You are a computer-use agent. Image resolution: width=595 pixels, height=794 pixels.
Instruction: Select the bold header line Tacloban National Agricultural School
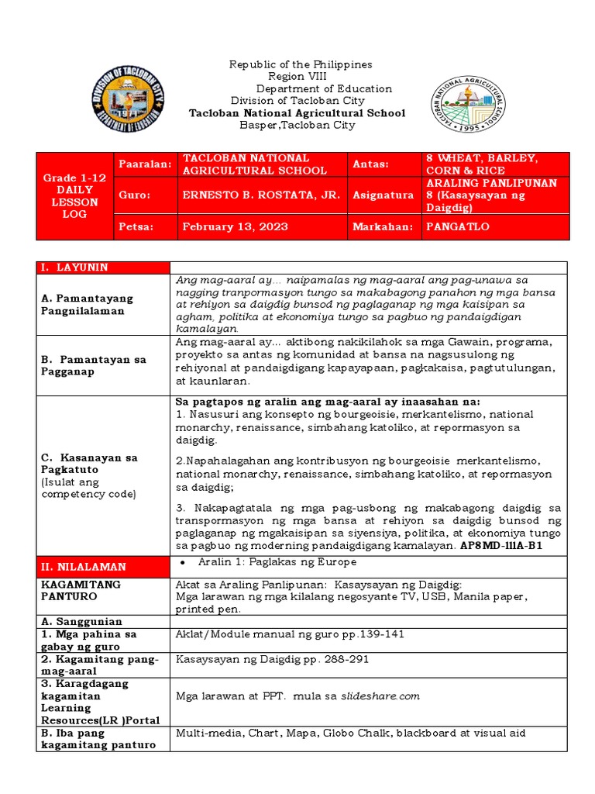pos(297,113)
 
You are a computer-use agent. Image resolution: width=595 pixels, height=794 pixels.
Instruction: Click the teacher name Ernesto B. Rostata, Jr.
pos(261,196)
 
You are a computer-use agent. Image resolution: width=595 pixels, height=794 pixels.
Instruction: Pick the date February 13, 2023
pos(236,226)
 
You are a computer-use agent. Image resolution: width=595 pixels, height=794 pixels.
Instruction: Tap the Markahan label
pos(381,226)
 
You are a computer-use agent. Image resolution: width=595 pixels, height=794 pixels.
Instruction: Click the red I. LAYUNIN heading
pos(75,268)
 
